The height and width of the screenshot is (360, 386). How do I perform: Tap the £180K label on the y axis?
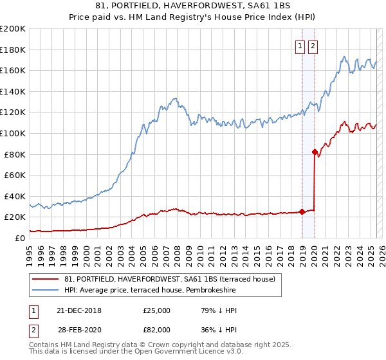point(13,50)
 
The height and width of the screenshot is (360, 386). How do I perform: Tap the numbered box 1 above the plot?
point(300,46)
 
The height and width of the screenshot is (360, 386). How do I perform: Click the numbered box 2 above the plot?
point(313,46)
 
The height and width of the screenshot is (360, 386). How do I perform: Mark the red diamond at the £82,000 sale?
point(315,152)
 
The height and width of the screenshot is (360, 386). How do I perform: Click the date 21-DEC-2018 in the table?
point(79,310)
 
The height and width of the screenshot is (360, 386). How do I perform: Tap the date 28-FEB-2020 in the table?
point(79,329)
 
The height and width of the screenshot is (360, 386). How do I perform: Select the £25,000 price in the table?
point(156,310)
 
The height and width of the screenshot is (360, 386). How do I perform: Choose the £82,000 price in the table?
point(156,329)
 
